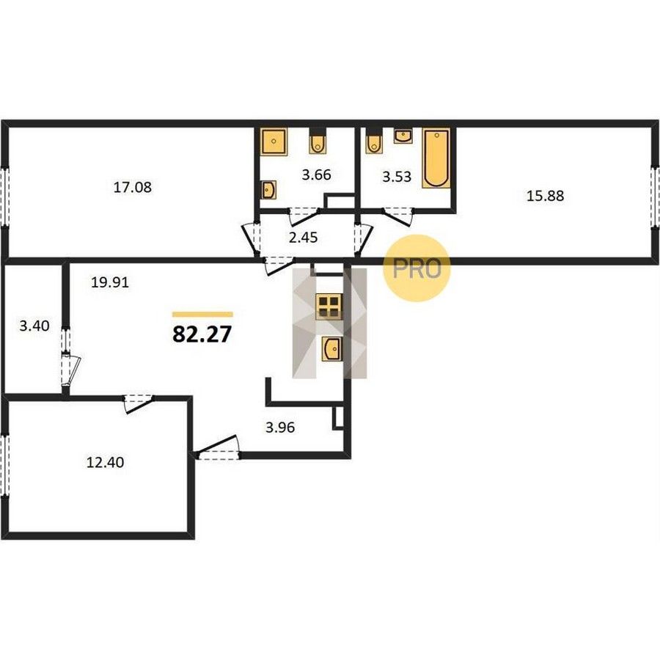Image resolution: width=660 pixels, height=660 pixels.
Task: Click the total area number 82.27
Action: click(202, 334)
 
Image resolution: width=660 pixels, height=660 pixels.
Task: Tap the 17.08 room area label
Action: click(133, 187)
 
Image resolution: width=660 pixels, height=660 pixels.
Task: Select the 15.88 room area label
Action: click(546, 196)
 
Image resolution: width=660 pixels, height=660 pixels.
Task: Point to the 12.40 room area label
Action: click(105, 463)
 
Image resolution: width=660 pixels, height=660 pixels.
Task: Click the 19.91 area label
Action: click(110, 282)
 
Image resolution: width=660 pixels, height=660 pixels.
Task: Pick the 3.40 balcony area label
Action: click(34, 326)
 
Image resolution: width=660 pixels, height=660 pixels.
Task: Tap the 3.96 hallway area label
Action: click(280, 428)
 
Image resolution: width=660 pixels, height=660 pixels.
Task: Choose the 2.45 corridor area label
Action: click(304, 238)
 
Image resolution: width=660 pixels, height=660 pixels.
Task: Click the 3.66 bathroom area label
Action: click(317, 175)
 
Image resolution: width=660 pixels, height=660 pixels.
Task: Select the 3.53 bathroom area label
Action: click(397, 176)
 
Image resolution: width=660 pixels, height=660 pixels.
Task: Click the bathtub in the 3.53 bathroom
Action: click(436, 158)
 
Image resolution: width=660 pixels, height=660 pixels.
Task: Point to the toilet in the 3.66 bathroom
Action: click(318, 142)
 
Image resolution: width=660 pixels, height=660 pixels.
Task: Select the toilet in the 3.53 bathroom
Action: click(374, 142)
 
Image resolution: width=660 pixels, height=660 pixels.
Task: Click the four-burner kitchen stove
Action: click(329, 307)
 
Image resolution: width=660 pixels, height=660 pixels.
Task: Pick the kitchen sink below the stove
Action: click(332, 348)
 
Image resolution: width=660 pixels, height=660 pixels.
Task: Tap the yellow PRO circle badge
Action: click(417, 268)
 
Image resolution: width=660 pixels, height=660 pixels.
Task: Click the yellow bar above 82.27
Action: click(202, 314)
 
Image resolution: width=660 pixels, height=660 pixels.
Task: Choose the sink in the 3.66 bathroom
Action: click(268, 190)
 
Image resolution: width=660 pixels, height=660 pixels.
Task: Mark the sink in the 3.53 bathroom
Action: click(403, 136)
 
